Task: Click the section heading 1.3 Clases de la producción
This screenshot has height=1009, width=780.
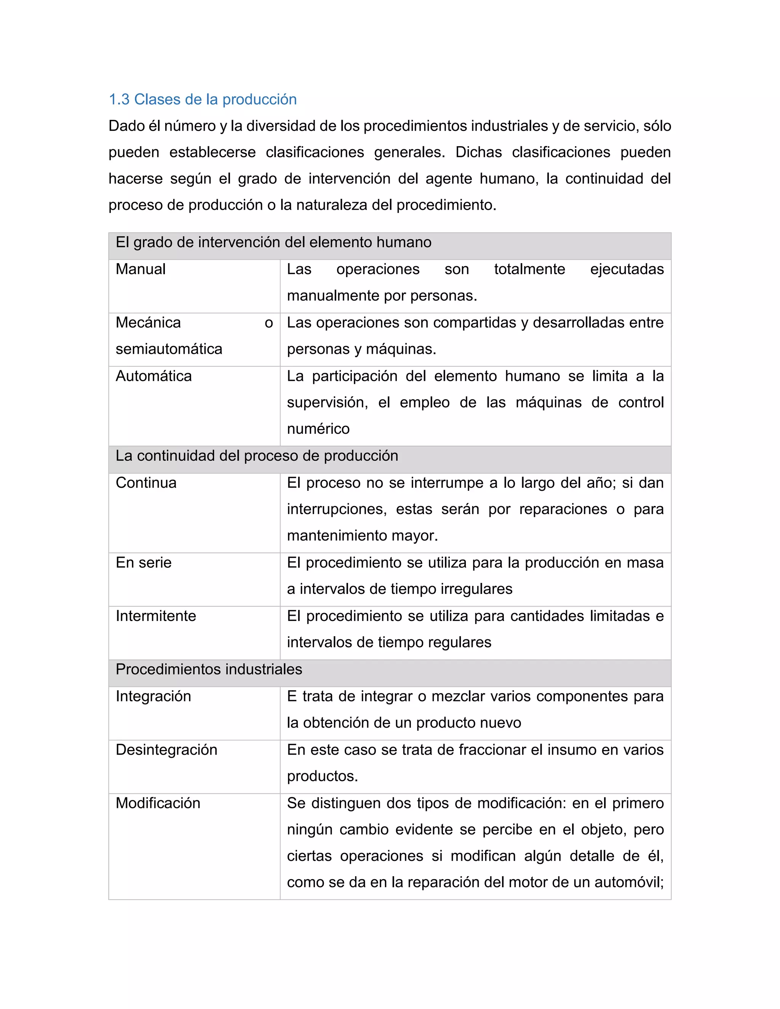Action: coord(202,99)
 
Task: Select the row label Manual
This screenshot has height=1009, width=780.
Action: coord(141,269)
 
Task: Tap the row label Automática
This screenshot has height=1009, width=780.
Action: coord(153,376)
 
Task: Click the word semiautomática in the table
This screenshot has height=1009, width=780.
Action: coord(169,349)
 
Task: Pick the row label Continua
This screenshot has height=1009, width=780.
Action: coord(146,483)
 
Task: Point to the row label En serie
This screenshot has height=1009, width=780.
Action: coord(143,563)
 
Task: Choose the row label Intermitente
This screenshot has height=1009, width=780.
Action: coord(156,616)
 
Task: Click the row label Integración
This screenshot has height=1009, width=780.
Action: coord(153,696)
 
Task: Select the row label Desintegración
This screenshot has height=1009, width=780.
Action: coord(166,749)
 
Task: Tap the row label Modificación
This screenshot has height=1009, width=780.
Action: coord(158,803)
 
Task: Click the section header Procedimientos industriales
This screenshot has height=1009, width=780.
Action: coord(209,669)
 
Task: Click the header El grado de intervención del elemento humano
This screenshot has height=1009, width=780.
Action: coord(273,243)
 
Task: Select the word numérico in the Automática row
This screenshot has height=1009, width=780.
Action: coord(318,429)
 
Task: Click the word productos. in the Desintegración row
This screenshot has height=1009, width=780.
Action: coord(322,776)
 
